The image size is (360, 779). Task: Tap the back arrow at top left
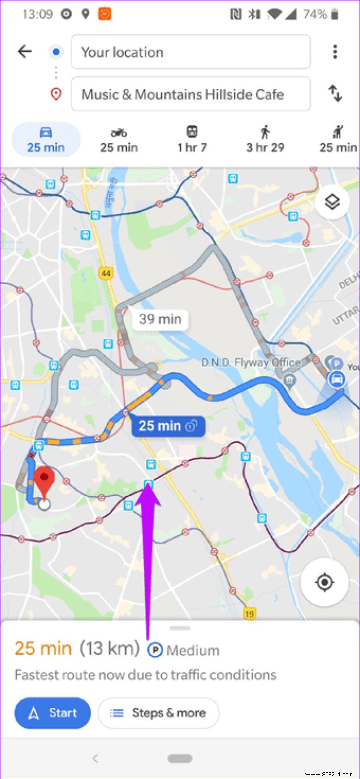pyautogui.click(x=24, y=51)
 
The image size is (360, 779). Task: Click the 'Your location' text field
pyautogui.click(x=190, y=52)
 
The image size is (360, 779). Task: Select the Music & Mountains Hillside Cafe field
pyautogui.click(x=190, y=94)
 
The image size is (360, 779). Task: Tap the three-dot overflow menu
pyautogui.click(x=335, y=51)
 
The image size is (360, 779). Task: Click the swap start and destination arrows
pyautogui.click(x=335, y=94)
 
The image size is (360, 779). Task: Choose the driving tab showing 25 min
pyautogui.click(x=46, y=140)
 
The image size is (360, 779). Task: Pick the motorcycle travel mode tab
pyautogui.click(x=119, y=140)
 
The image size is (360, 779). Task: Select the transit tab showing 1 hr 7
pyautogui.click(x=192, y=140)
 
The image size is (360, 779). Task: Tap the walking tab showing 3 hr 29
pyautogui.click(x=265, y=140)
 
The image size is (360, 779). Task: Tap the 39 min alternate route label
pyautogui.click(x=160, y=319)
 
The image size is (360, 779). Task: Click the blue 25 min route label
pyautogui.click(x=168, y=426)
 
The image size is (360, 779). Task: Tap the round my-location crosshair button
pyautogui.click(x=325, y=582)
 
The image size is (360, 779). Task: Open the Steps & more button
pyautogui.click(x=158, y=713)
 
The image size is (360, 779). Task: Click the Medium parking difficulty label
pyautogui.click(x=184, y=650)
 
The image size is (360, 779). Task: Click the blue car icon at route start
pyautogui.click(x=337, y=380)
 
